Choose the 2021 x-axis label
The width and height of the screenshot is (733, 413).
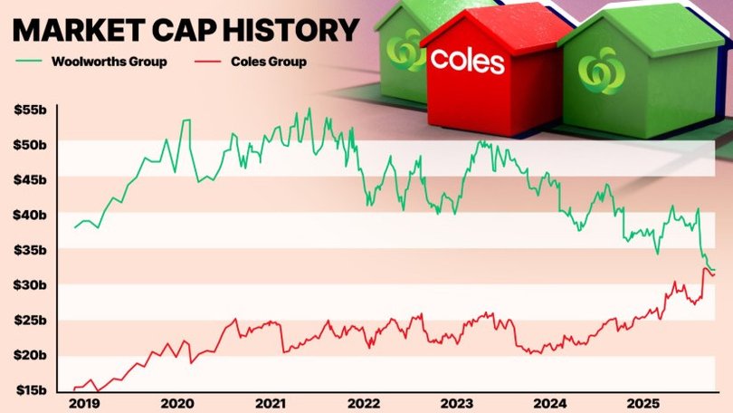point(271,403)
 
